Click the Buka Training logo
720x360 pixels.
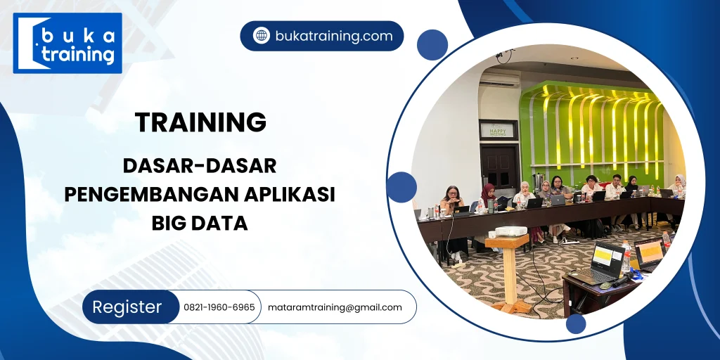click(x=67, y=43)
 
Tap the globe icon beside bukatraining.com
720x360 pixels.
click(x=262, y=36)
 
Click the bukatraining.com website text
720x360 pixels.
click(x=333, y=36)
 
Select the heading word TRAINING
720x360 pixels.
click(x=201, y=122)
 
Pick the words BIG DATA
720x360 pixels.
click(x=200, y=223)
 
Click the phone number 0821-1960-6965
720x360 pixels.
click(x=219, y=307)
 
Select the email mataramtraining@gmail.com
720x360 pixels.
click(x=335, y=307)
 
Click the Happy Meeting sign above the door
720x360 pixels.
click(x=497, y=130)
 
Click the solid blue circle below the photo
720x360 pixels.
click(x=576, y=323)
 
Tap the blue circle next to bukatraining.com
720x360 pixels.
click(x=432, y=45)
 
